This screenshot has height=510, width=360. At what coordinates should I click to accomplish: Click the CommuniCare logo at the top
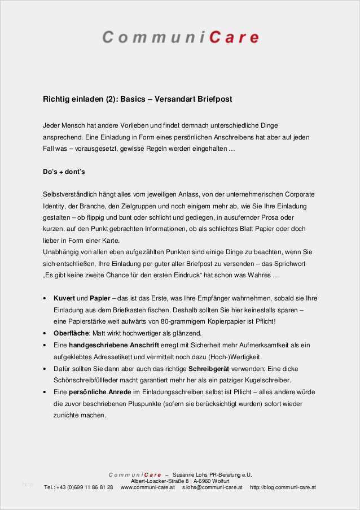(180, 37)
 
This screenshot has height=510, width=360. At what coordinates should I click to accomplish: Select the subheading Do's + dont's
(64, 171)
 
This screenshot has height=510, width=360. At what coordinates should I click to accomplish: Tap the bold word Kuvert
(64, 298)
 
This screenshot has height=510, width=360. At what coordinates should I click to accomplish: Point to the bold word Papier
(100, 298)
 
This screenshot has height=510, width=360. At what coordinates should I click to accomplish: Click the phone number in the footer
(79, 487)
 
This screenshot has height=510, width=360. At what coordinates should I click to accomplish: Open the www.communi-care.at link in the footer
(148, 487)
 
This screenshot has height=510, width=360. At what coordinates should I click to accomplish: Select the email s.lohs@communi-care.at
(212, 487)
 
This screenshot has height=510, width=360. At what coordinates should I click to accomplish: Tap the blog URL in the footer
(283, 487)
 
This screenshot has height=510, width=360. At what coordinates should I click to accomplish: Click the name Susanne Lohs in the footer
(192, 475)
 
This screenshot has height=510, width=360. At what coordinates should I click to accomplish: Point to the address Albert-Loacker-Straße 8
(156, 481)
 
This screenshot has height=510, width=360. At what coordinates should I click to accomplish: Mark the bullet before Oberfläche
(45, 333)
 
